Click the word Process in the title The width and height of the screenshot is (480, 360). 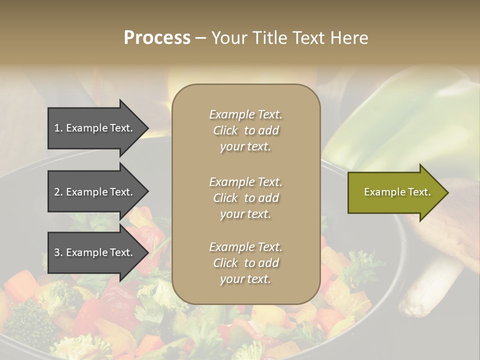[156, 38]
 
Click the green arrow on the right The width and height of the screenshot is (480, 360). [395, 192]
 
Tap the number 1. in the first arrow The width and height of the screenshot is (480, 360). [58, 128]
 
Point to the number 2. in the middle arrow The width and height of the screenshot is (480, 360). [58, 192]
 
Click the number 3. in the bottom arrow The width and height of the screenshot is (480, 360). [58, 252]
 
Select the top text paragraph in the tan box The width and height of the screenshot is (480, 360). [245, 130]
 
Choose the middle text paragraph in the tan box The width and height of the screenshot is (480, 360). [245, 198]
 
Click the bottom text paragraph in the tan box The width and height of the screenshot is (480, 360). [245, 263]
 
